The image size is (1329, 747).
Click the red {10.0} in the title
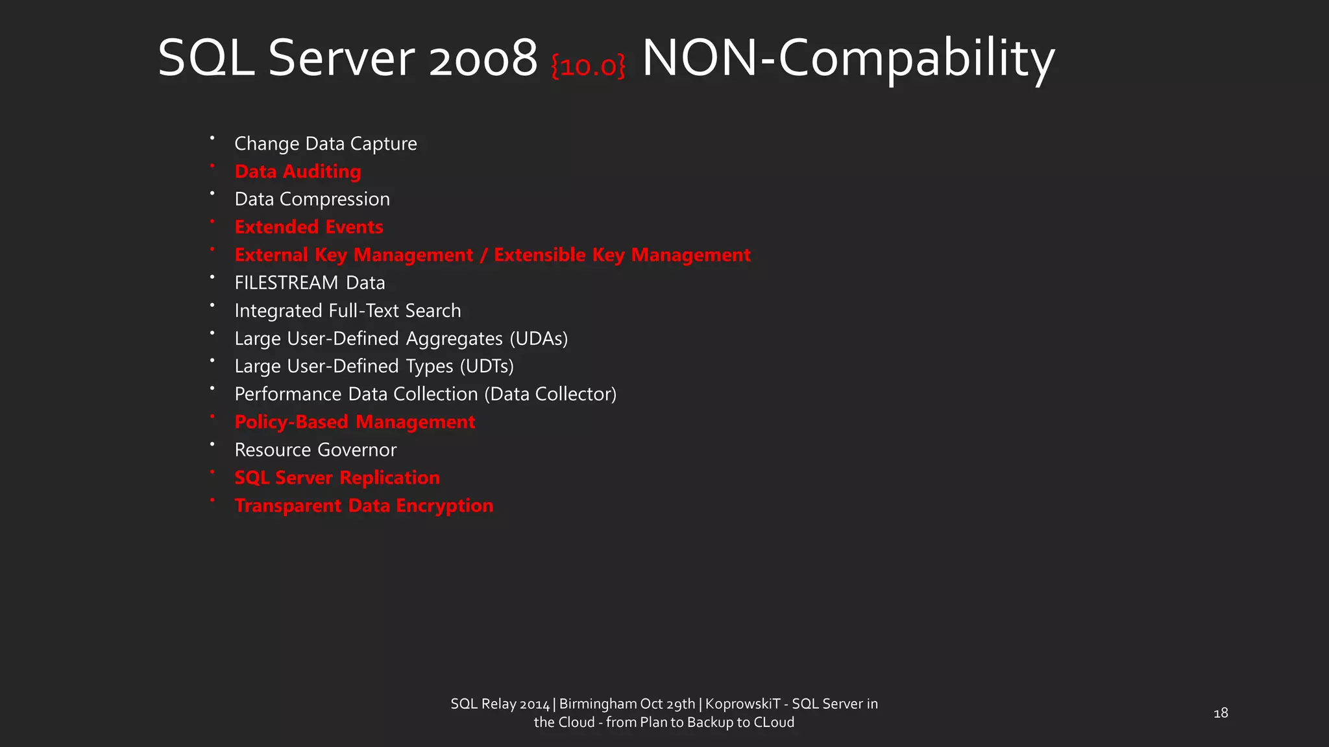tap(588, 66)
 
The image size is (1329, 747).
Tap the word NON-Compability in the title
tap(847, 59)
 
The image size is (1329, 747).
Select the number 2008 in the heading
tap(483, 59)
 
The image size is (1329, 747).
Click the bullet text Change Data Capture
tap(325, 143)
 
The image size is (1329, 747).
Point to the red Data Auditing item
tap(297, 171)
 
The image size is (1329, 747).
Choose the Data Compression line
tap(312, 199)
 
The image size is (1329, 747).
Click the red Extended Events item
tap(308, 227)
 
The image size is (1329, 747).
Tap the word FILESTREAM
tap(286, 283)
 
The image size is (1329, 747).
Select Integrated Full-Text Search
tap(347, 311)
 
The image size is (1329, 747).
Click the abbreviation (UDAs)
tap(539, 338)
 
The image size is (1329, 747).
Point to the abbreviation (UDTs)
tap(487, 366)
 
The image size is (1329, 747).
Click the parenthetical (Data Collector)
tap(550, 394)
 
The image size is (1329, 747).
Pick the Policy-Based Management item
tap(354, 422)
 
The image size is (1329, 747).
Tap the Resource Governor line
tap(315, 450)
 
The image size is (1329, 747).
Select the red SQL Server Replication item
tap(337, 478)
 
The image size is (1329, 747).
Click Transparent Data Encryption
tap(363, 506)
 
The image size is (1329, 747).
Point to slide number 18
tap(1221, 713)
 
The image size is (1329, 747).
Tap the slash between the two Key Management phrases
tap(483, 255)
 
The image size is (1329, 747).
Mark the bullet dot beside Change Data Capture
tap(212, 138)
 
